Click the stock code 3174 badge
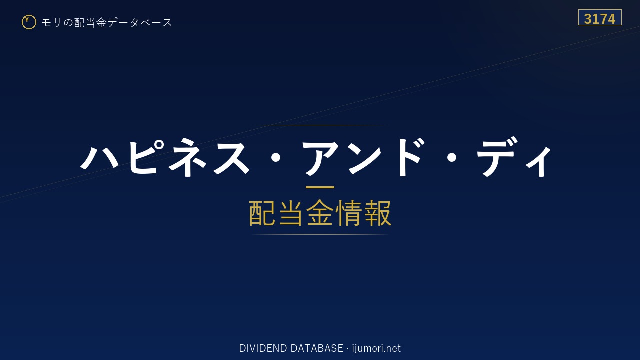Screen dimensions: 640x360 tap(600, 17)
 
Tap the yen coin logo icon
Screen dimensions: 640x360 tap(29, 22)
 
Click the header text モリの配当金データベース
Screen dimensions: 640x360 tap(107, 23)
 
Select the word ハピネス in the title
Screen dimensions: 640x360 tap(165, 157)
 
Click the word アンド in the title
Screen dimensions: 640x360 tap(363, 157)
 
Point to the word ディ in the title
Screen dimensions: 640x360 tap(514, 157)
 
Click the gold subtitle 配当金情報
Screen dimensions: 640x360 tap(320, 213)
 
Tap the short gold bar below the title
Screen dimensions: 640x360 tap(320, 187)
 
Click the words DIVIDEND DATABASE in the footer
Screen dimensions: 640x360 tap(291, 348)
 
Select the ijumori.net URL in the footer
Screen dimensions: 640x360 tap(376, 348)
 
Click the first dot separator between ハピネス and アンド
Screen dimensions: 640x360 tap(275, 157)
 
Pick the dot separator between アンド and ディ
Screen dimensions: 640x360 tap(451, 157)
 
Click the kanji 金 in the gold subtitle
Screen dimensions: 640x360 tap(320, 213)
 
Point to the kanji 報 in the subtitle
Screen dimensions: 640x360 tap(377, 213)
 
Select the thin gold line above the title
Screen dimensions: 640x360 tap(320, 125)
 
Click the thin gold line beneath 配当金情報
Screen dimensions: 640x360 tap(320, 234)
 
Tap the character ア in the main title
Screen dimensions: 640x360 tap(320, 158)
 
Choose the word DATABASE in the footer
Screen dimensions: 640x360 tap(317, 348)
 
